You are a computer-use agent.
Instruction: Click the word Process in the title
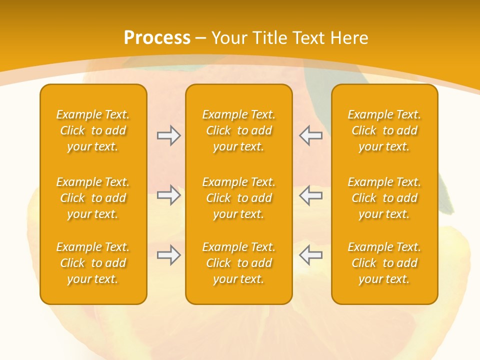click(157, 38)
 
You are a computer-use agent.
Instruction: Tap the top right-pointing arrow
click(168, 135)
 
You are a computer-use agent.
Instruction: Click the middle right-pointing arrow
click(168, 195)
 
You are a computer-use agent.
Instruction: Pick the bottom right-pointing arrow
click(168, 255)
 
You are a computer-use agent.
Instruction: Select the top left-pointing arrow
click(310, 135)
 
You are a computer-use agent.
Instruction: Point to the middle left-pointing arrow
click(310, 195)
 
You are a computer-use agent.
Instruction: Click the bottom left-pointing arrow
click(310, 255)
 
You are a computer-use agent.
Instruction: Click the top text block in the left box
click(93, 130)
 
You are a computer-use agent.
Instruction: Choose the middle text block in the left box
click(93, 198)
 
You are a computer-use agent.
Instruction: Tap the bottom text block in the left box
click(93, 263)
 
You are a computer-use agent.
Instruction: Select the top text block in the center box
click(238, 130)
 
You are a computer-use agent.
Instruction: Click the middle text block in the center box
click(238, 198)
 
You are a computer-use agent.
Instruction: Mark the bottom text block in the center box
click(238, 263)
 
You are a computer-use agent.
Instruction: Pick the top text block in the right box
click(384, 130)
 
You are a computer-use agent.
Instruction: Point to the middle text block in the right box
click(384, 198)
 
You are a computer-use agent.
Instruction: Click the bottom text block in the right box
click(384, 263)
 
